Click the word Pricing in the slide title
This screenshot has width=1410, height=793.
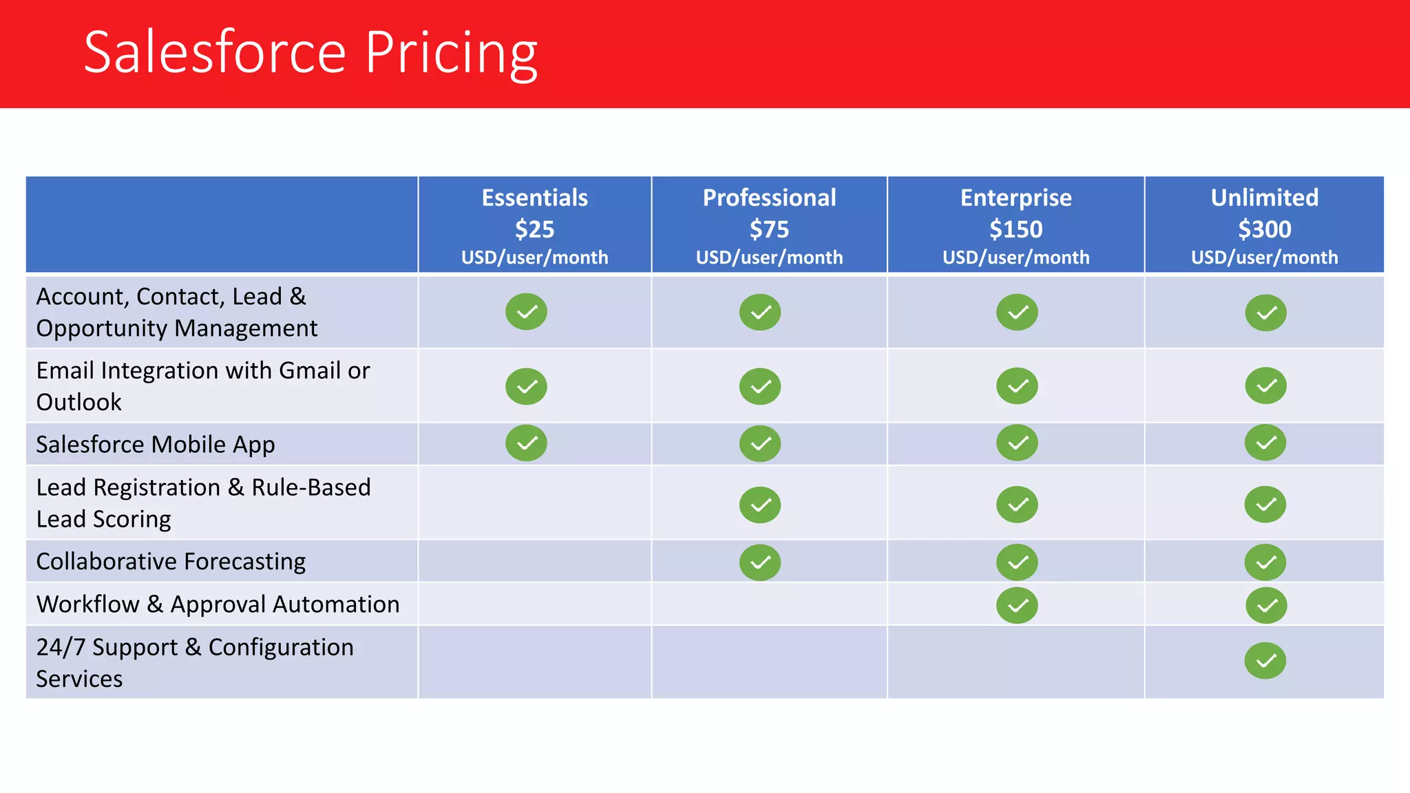coord(451,54)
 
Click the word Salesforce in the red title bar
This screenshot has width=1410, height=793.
coord(215,54)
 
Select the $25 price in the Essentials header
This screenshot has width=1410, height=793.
coord(534,229)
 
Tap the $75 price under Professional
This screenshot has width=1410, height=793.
coord(769,229)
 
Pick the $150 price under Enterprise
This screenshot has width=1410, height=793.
coord(1016,229)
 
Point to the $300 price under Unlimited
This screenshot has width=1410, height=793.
coord(1264,229)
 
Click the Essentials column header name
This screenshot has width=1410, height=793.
coord(534,198)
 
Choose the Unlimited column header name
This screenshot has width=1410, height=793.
coord(1264,198)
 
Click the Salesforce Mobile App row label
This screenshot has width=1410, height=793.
coord(156,445)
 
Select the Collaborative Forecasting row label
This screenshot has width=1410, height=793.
coord(171,562)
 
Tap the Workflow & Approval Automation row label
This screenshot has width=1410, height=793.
coord(218,604)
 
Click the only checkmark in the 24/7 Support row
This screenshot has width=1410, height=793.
coord(1265,661)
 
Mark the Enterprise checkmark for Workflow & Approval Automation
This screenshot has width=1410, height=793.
coord(1017,605)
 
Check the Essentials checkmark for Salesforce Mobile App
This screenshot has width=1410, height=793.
coord(526,443)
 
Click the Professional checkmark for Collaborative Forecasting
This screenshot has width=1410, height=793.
coord(759,562)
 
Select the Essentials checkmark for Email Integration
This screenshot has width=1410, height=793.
coord(526,386)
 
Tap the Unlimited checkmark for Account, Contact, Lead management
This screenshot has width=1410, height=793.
coord(1265,313)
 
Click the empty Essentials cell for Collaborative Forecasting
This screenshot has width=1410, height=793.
coord(534,562)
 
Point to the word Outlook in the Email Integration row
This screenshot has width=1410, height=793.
coord(78,402)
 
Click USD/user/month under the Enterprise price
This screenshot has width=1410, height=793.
coord(1016,257)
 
